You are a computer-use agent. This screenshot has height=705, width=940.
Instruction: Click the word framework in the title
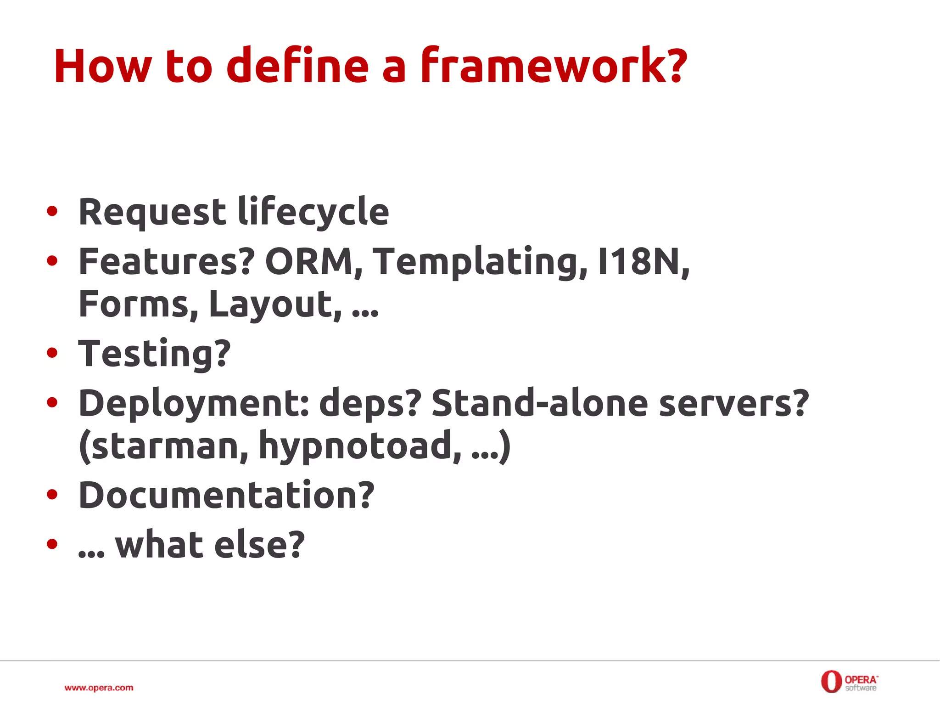(x=553, y=67)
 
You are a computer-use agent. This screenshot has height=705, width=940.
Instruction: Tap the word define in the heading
(x=297, y=67)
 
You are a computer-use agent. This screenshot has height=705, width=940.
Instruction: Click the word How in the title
(x=102, y=67)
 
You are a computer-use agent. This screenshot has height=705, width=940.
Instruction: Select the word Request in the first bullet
(x=152, y=212)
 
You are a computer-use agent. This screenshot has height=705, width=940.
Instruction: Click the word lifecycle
(x=313, y=212)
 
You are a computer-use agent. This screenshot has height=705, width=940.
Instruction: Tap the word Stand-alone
(x=540, y=403)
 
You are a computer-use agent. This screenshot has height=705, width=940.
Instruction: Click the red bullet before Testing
(x=52, y=353)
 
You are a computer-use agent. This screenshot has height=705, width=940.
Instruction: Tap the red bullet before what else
(x=52, y=544)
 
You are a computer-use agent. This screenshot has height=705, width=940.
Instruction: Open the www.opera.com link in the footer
(x=99, y=688)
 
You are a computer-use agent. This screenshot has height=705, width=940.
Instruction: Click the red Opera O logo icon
(x=831, y=682)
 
